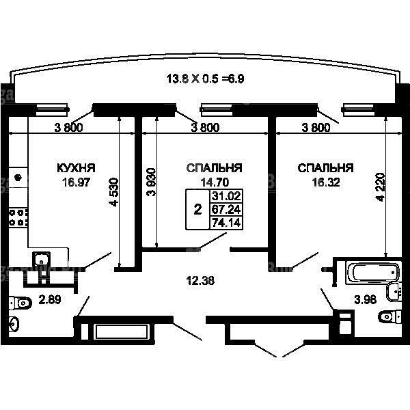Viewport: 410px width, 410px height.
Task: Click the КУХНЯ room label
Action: point(76,168)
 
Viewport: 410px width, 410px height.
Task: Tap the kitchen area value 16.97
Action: point(76,182)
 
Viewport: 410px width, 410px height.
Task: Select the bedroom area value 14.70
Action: point(215,182)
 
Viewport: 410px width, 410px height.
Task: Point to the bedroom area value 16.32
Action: point(326,182)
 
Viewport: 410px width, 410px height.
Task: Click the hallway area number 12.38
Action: point(200,281)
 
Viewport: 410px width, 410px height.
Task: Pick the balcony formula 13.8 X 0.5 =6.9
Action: point(205,79)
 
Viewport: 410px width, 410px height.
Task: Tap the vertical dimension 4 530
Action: point(113,192)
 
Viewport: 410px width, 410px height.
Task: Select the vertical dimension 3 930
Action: point(151,182)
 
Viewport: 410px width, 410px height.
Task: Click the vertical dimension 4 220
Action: point(380,187)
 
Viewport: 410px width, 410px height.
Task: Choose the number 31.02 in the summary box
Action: point(226,196)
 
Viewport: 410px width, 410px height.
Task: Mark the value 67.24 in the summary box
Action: point(226,210)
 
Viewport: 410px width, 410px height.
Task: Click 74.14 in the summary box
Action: point(226,223)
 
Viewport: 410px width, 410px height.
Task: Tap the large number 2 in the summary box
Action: point(197,210)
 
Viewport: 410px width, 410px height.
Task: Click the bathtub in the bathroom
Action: point(373,272)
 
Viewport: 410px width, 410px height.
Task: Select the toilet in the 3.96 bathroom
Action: point(389,316)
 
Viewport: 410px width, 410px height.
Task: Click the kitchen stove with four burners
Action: point(18,217)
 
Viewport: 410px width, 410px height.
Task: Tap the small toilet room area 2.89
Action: point(50,300)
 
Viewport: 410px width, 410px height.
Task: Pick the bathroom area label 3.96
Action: point(366,300)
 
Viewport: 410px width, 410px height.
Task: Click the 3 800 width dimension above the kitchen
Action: point(68,128)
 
